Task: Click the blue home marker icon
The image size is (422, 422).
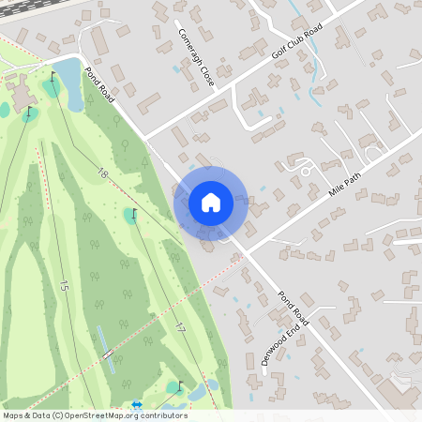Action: point(210,203)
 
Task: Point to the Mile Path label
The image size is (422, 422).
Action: point(344,177)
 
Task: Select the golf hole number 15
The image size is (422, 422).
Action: point(64,285)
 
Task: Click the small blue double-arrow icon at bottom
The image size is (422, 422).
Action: point(138,405)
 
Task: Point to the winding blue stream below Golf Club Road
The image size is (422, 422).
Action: point(300,89)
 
